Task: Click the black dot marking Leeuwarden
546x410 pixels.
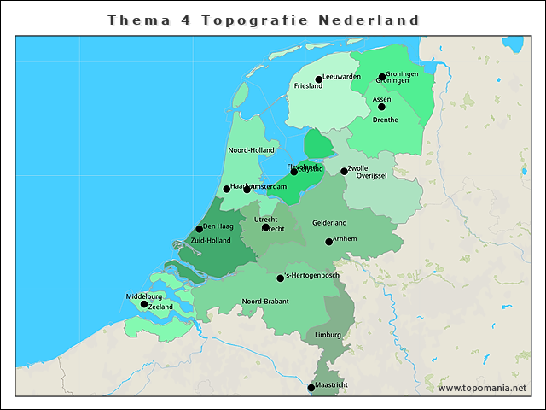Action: coord(318,79)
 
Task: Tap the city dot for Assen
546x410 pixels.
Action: coord(381,107)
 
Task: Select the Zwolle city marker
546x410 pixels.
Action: coord(344,171)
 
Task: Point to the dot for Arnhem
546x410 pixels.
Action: coord(328,242)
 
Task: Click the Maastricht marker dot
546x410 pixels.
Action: coord(311,388)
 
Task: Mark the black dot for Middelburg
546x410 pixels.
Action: coord(144,304)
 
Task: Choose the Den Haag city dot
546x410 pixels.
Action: coord(199,228)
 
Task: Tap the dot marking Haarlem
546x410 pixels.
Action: coord(226,189)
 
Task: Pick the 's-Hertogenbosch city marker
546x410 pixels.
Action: coord(280,278)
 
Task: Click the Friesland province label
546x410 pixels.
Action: coord(308,86)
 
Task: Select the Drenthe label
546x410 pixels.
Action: coord(386,120)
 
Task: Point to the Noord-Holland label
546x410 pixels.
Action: coord(251,150)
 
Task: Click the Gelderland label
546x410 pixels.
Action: coord(329,223)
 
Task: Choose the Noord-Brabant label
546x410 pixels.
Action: coord(265,302)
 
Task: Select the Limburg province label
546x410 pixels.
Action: coord(328,336)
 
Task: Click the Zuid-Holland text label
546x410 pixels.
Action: coord(210,241)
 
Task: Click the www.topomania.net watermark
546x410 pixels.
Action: coord(482,388)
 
